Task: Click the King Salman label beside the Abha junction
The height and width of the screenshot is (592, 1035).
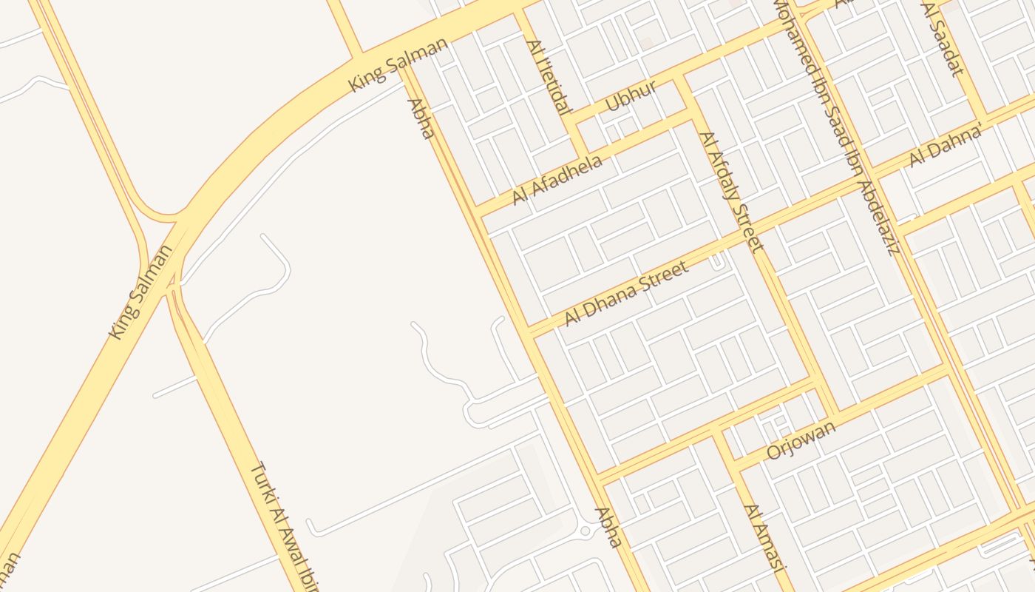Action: point(398,65)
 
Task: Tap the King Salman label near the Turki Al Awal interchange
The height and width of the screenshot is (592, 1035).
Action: point(140,291)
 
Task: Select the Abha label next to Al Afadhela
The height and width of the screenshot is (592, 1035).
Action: point(419,118)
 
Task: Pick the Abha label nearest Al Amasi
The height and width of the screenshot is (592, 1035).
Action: point(608,527)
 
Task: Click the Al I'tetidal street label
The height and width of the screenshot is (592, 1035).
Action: point(549,77)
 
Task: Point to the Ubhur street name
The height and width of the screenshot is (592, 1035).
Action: point(631,96)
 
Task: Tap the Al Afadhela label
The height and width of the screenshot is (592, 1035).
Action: point(557,180)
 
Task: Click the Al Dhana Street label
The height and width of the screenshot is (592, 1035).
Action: point(626,293)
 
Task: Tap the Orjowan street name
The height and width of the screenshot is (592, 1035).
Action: point(801,440)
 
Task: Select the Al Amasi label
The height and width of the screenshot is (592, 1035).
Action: point(762,536)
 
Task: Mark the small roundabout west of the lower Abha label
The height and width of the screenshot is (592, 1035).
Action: point(585,531)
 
